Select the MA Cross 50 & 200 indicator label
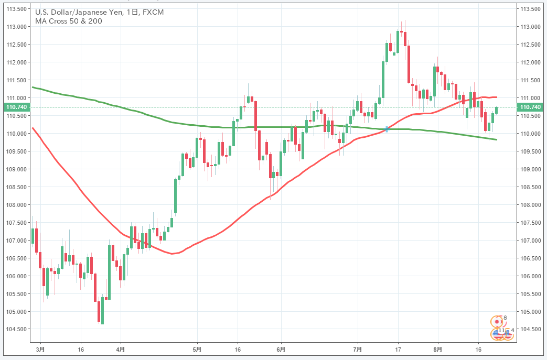[x=69, y=21]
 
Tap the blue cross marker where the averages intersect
[x=387, y=128]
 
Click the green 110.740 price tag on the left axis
[x=16, y=107]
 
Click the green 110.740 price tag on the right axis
[x=530, y=107]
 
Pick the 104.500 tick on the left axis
[x=16, y=329]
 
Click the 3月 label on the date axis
[x=40, y=349]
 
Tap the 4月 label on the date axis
[x=121, y=349]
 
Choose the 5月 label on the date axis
[x=197, y=349]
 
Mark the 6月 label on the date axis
[x=281, y=349]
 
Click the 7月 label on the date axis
[x=358, y=349]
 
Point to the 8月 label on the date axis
[x=438, y=349]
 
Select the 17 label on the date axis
[x=398, y=349]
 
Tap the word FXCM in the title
[x=153, y=12]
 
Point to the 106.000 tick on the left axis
[x=16, y=276]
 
